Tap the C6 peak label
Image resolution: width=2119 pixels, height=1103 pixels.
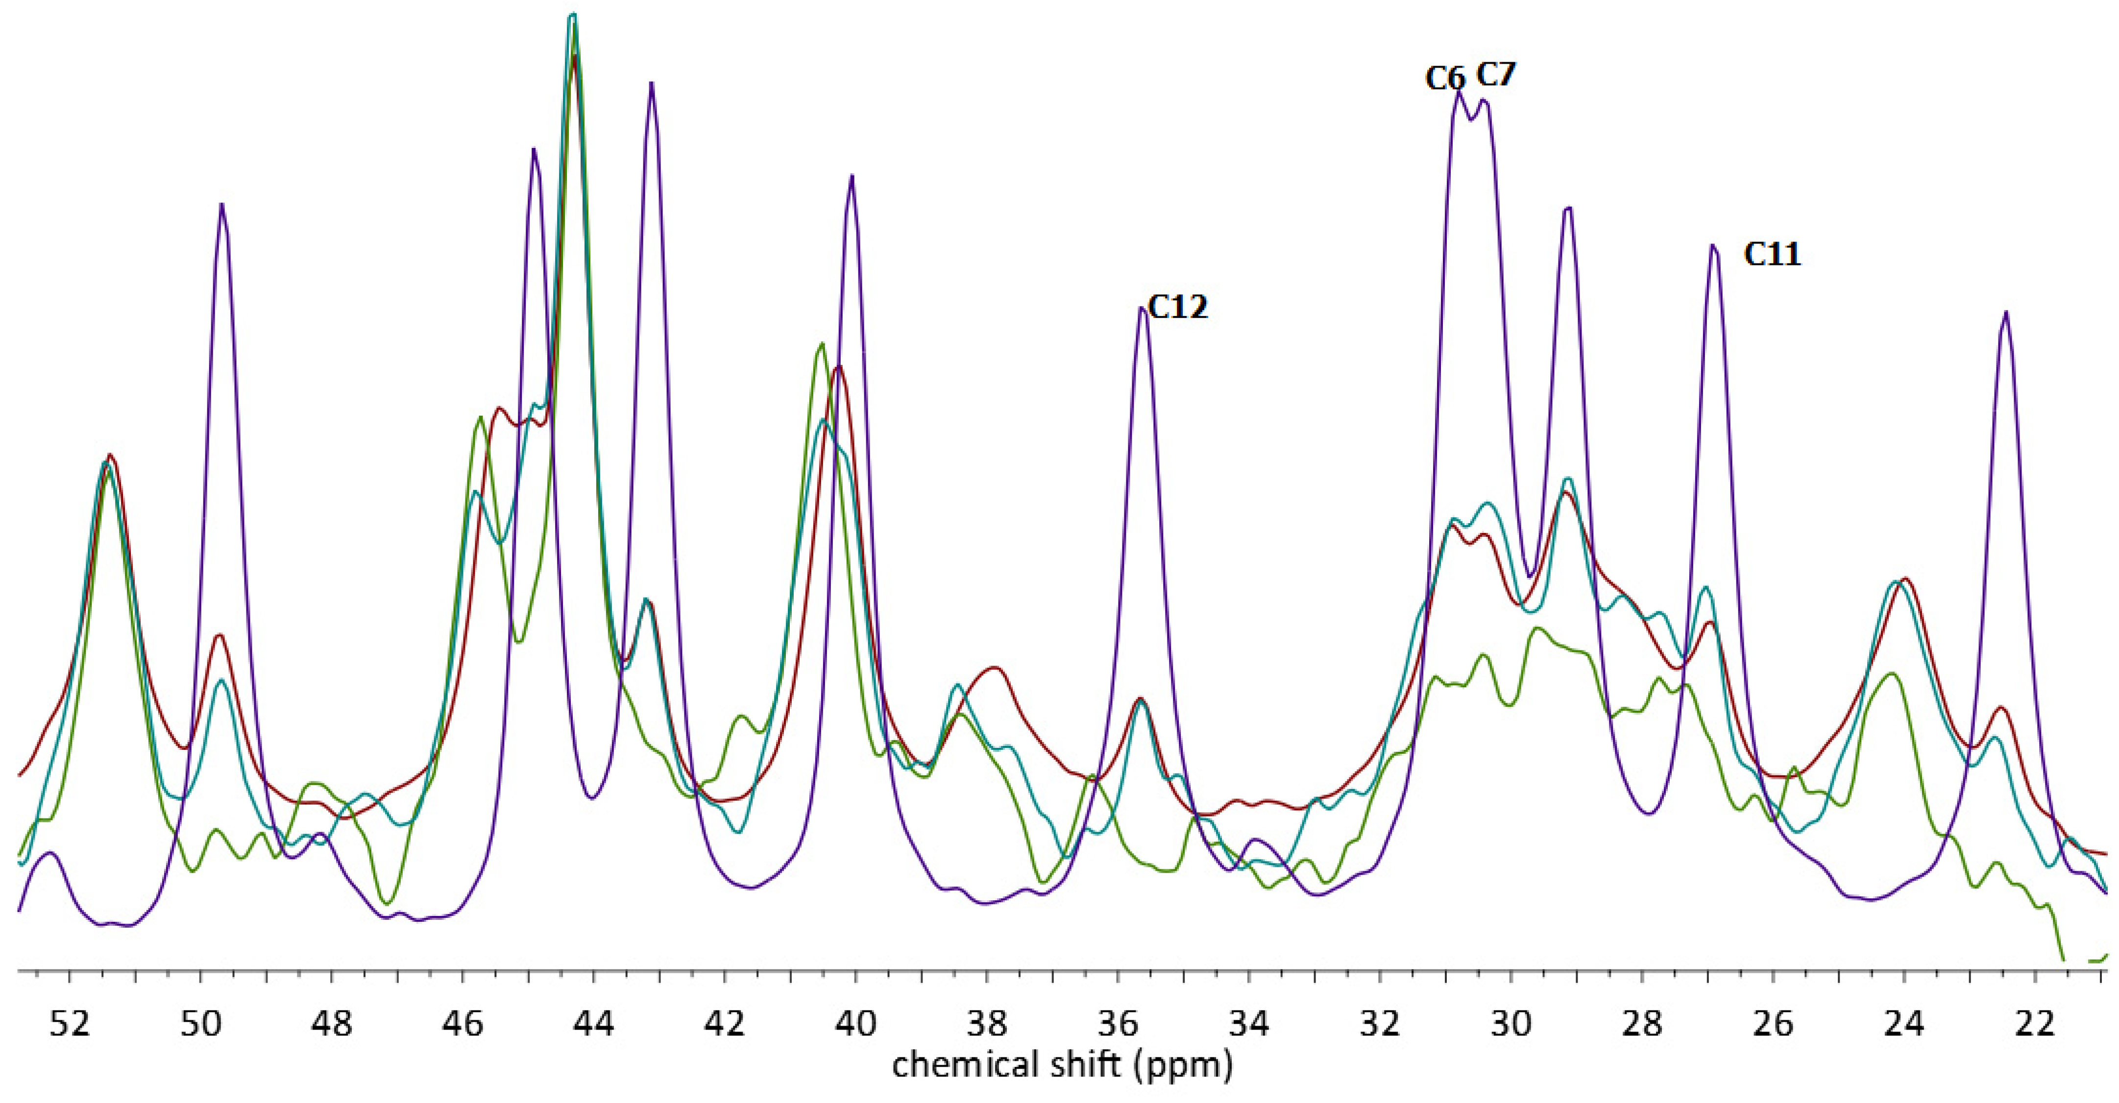1445,79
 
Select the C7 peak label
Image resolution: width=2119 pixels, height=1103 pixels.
1495,75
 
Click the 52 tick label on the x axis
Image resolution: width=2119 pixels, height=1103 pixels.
70,1025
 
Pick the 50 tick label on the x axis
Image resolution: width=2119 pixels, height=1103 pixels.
201,1025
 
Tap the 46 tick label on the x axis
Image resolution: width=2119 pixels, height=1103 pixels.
463,1025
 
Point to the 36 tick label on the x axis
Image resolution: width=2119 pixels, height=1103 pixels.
1118,1025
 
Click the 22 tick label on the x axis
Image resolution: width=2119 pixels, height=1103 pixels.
2035,1025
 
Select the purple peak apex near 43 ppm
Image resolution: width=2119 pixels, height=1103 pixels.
652,83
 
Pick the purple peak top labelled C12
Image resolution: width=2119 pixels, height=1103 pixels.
1142,309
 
